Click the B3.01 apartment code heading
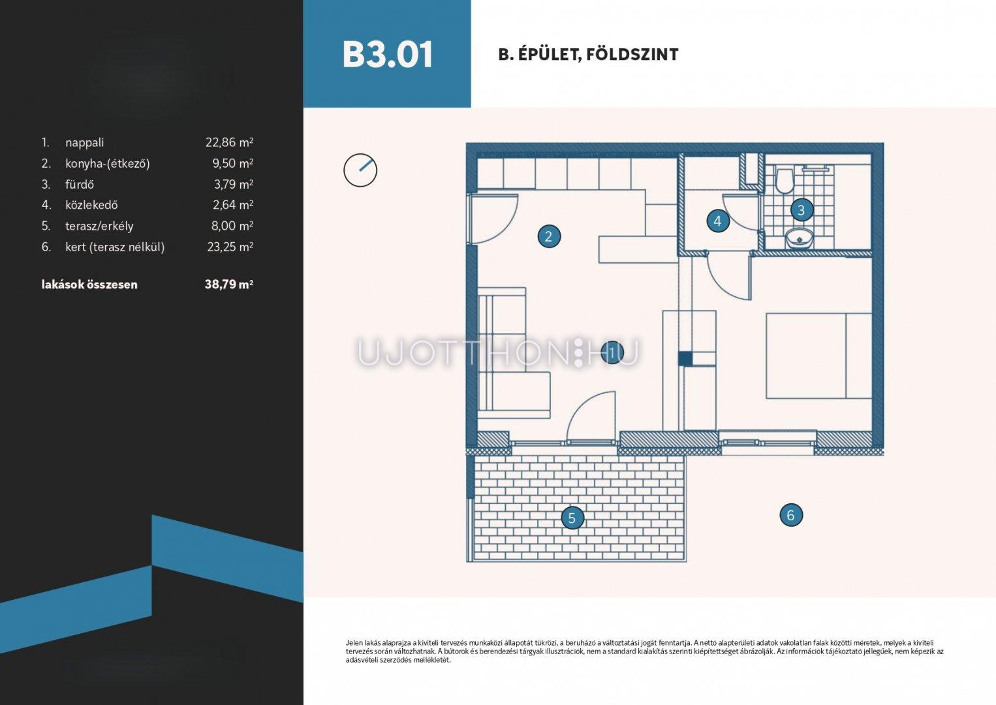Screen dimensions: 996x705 (387, 55)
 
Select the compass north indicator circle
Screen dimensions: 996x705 (360, 170)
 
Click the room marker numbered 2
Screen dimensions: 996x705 (549, 236)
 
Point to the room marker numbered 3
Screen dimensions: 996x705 (801, 210)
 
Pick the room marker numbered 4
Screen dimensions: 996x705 (718, 221)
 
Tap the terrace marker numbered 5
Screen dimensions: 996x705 (572, 518)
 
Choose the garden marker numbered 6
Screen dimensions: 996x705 (791, 515)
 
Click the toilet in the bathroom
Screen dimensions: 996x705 (783, 180)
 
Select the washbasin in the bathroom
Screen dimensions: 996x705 (800, 239)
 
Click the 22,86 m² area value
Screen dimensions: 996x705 (230, 142)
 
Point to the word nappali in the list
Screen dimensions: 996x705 (84, 143)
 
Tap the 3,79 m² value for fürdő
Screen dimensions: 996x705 (234, 184)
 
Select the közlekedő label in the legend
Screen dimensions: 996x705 (91, 205)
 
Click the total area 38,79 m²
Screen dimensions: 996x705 (229, 284)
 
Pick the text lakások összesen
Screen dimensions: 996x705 (89, 285)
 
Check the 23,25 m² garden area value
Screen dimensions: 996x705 (230, 247)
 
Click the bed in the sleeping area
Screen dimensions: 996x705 (818, 356)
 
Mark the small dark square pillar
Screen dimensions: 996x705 (685, 358)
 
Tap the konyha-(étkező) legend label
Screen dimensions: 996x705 (108, 164)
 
